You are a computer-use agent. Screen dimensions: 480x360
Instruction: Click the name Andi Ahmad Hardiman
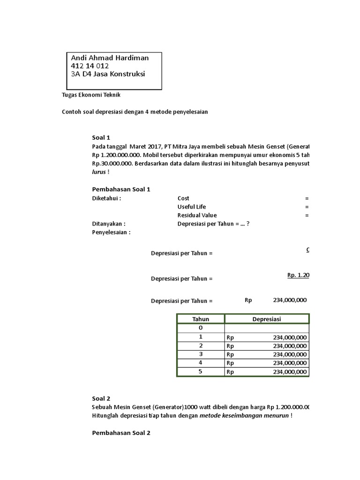tap(110, 58)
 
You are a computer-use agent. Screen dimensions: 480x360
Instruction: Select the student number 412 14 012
tap(90, 66)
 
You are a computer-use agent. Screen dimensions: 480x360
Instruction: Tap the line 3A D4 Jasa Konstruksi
tap(108, 74)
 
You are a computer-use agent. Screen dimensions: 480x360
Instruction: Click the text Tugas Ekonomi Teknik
tap(91, 95)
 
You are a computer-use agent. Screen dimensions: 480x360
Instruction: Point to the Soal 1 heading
tap(101, 137)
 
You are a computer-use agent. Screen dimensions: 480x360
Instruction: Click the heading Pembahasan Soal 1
tap(121, 189)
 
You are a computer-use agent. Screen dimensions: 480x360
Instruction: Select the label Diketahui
tap(106, 198)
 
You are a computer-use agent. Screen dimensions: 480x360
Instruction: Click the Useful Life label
tap(191, 207)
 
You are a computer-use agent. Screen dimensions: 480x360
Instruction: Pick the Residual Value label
tap(196, 215)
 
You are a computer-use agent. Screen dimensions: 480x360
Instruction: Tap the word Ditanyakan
tap(108, 224)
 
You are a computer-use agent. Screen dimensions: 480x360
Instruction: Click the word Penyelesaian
tap(111, 232)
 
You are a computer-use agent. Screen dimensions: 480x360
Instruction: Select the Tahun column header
tap(201, 319)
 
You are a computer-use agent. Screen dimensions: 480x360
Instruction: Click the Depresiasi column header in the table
tap(266, 319)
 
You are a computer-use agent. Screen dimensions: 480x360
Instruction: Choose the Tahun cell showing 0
tap(201, 328)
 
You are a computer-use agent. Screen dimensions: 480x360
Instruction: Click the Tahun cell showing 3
tap(201, 354)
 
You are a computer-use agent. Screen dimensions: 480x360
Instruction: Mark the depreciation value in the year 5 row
tap(289, 372)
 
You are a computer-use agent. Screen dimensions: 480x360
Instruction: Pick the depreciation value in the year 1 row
tap(289, 337)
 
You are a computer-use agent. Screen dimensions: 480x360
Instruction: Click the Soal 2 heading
tap(101, 398)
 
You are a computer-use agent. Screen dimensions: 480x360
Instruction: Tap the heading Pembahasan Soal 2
tap(121, 433)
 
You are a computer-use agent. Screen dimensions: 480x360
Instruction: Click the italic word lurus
tap(99, 172)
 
